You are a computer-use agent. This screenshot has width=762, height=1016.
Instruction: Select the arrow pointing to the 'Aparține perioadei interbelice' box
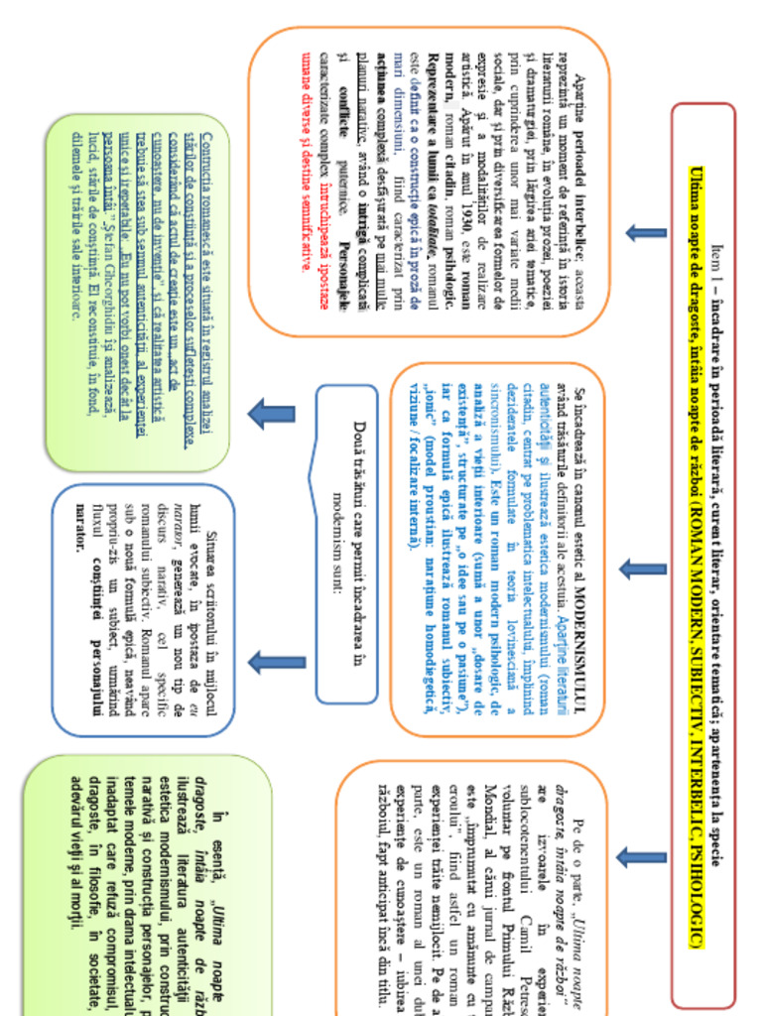pos(646,234)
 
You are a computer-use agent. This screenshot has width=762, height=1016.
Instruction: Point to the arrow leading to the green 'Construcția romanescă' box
pos(271,414)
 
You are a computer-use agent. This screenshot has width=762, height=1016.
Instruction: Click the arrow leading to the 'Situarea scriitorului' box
pos(277,663)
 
